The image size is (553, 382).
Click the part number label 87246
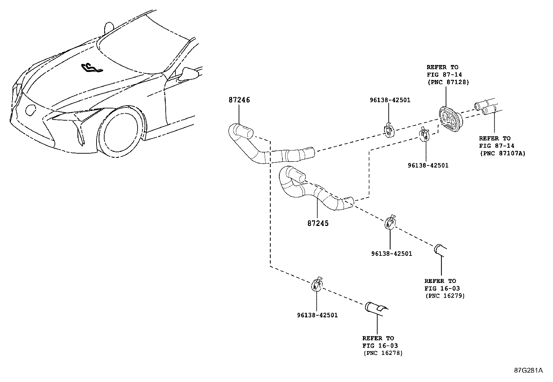239,100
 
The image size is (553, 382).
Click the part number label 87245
317,223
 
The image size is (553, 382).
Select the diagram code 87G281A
529,370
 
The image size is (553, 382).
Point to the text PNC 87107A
502,153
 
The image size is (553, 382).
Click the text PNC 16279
445,296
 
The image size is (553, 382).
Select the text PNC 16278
383,353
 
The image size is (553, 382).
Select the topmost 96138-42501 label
390,100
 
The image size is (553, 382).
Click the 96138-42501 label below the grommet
428,165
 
